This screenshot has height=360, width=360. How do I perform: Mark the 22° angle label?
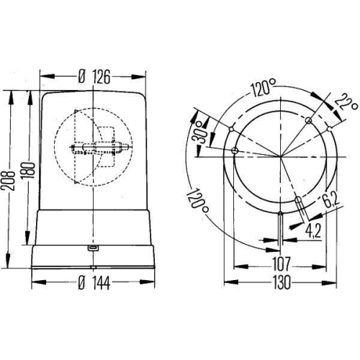tap(350, 107)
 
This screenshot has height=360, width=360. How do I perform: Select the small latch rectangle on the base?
tap(93, 248)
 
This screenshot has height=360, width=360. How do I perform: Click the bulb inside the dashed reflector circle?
tap(101, 151)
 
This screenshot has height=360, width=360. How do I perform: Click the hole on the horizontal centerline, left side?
tap(235, 150)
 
